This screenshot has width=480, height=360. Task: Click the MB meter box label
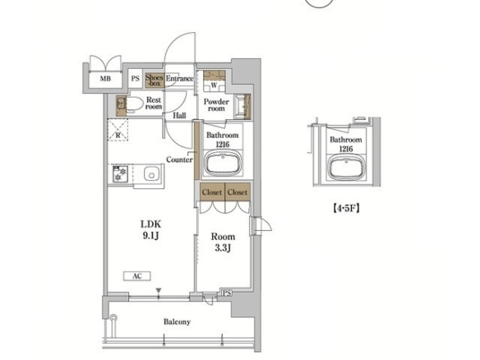tap(105, 79)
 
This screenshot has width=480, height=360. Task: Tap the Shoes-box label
tap(155, 81)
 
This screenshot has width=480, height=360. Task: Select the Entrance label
tap(180, 78)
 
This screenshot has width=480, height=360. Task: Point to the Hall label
tap(179, 116)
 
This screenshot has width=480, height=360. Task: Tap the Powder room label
tap(216, 105)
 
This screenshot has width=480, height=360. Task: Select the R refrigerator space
tap(118, 130)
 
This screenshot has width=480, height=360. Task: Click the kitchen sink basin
tap(151, 175)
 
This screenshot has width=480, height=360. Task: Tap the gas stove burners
tap(120, 174)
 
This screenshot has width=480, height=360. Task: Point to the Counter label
tap(179, 159)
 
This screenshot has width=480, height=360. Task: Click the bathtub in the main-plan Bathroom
tap(222, 164)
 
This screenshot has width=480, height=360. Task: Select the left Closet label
tap(212, 192)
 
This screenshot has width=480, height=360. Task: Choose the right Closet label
tap(238, 192)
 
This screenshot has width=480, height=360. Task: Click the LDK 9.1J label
tap(150, 229)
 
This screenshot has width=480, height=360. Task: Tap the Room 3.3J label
tap(223, 242)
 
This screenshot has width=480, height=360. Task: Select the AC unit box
tap(137, 276)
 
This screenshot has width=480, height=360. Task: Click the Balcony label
tap(177, 321)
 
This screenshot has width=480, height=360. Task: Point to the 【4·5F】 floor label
tap(346, 208)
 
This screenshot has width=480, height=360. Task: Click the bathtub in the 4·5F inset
tap(347, 168)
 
